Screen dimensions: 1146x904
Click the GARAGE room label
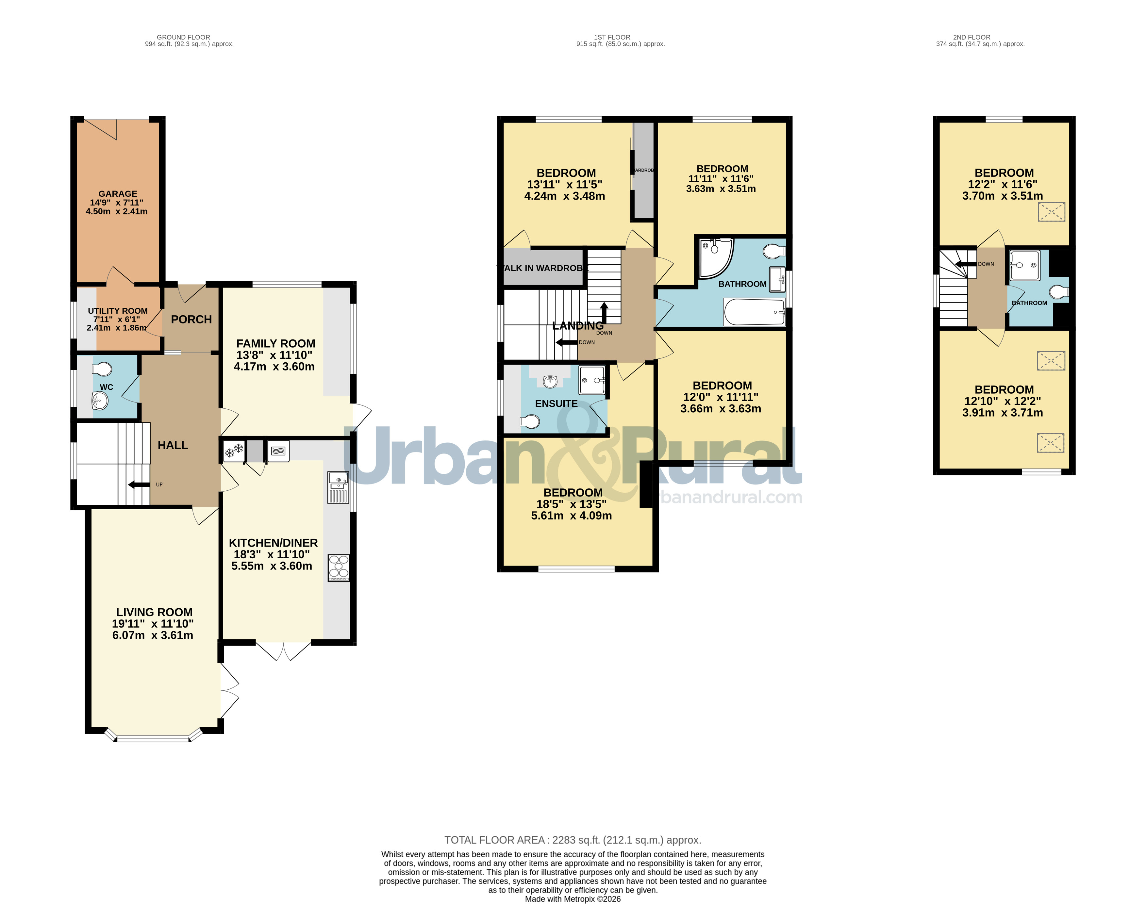[118, 194]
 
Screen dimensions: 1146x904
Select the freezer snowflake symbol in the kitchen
[233, 452]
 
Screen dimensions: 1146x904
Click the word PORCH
[191, 320]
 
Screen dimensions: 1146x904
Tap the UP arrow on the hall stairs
[139, 484]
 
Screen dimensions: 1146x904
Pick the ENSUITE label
[556, 404]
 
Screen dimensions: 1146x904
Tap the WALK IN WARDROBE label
[542, 268]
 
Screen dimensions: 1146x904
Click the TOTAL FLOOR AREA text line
[573, 840]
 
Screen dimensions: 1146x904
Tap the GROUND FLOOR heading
[183, 37]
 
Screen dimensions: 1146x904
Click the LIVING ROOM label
[154, 612]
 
